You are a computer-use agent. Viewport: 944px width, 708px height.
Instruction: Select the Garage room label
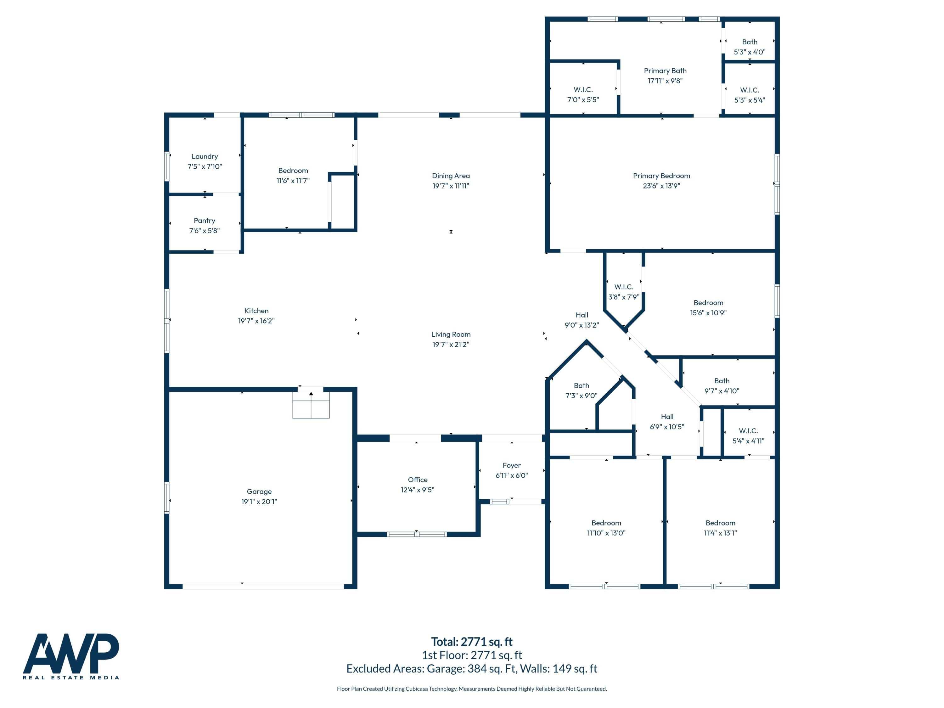(259, 492)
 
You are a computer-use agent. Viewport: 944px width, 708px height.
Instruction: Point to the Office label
(417, 480)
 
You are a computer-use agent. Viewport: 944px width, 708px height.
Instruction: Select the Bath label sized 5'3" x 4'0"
(750, 42)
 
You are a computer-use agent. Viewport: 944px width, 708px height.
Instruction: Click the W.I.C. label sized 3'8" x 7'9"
(623, 287)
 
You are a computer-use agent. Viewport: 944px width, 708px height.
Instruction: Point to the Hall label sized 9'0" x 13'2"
(582, 315)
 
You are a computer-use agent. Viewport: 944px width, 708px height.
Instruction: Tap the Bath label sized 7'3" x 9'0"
(581, 385)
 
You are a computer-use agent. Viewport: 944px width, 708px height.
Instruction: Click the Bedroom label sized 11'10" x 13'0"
(606, 523)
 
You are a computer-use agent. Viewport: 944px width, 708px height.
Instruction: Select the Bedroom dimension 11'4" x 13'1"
(720, 533)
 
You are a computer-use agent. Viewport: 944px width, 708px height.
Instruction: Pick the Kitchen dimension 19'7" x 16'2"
(256, 321)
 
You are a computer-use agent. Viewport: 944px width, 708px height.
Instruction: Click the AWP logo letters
(71, 653)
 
